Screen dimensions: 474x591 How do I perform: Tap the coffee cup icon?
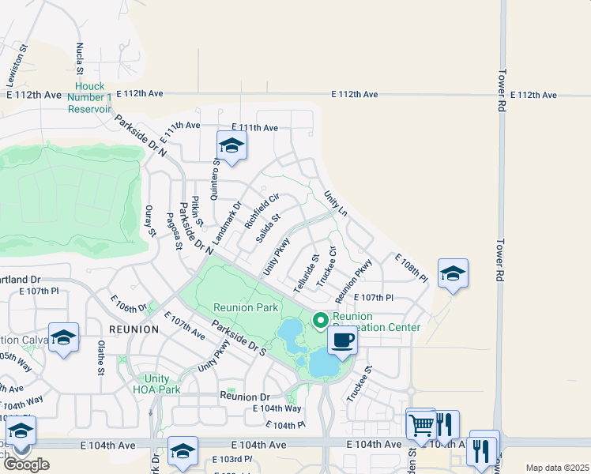[x=342, y=340]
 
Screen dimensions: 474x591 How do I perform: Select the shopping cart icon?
[x=421, y=425]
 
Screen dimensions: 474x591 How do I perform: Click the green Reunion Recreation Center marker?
[x=320, y=319]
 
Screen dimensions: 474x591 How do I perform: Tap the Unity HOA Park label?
[x=156, y=385]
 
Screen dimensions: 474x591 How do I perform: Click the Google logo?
[x=26, y=464]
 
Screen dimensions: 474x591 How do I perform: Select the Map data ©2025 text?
[x=557, y=468]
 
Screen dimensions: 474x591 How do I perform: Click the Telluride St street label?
[x=307, y=274]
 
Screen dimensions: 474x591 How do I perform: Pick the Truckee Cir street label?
[x=326, y=266]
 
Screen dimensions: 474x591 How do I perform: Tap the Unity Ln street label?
[x=335, y=203]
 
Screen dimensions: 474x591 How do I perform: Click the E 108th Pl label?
[x=411, y=269]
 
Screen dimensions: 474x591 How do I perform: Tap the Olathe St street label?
[x=100, y=358]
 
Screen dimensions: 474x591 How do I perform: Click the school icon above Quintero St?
[x=232, y=146]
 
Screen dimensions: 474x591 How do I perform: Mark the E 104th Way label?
[x=277, y=408]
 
